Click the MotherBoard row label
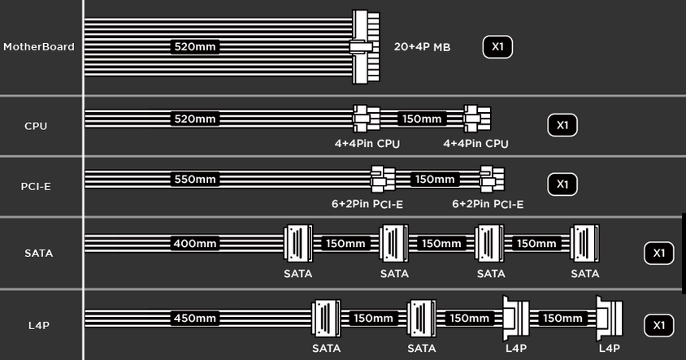click(39, 47)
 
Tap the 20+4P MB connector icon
click(365, 47)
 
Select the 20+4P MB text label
click(422, 47)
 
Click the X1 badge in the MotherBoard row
click(497, 47)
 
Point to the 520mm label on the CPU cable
click(195, 119)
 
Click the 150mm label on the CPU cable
click(422, 119)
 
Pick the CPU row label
click(36, 126)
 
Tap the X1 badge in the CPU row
click(562, 125)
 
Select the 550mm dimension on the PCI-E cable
click(195, 179)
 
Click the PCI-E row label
click(36, 186)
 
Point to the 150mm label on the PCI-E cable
click(435, 179)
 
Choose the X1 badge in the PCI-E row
click(562, 184)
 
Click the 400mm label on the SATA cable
click(195, 243)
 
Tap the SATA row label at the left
click(39, 253)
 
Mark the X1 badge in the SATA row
click(659, 253)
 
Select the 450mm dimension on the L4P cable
click(195, 318)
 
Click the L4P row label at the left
click(39, 325)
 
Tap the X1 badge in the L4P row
click(659, 325)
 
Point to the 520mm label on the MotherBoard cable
click(195, 46)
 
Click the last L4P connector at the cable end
click(610, 319)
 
